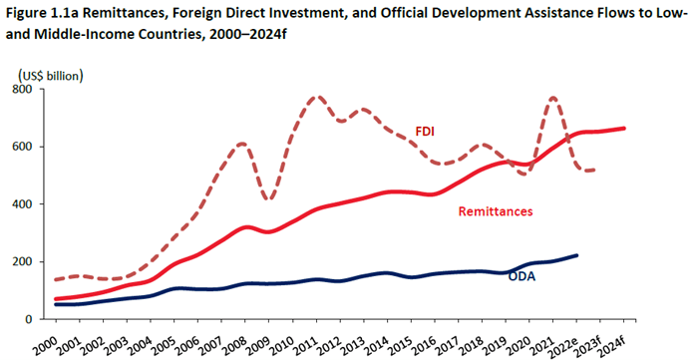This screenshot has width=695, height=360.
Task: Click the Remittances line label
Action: tap(496, 211)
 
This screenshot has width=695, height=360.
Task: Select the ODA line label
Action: tap(521, 276)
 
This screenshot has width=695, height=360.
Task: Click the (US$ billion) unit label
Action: tap(50, 75)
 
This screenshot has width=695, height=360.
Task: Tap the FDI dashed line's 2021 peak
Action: tap(553, 98)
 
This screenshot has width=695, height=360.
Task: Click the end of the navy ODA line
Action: tap(578, 255)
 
